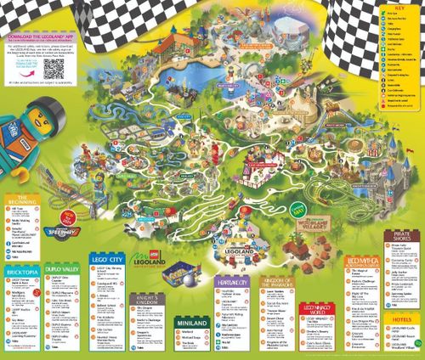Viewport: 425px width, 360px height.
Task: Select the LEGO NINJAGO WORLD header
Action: (319, 308)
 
